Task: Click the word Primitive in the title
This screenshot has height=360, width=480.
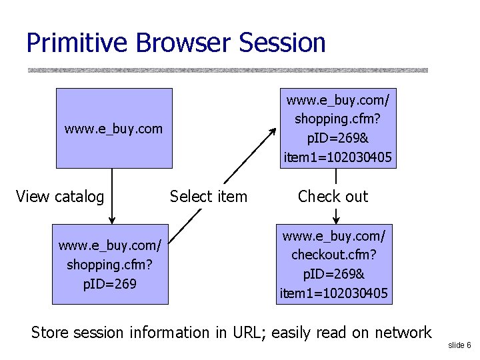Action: (x=77, y=43)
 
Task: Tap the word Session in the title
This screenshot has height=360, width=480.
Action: (x=282, y=43)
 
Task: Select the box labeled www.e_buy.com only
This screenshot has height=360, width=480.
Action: (x=113, y=128)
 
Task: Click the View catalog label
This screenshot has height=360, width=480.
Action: (x=60, y=197)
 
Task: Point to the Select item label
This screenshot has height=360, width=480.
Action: (x=208, y=197)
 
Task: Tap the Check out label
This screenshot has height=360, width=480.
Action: (x=333, y=197)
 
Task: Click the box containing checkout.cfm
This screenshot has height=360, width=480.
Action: (x=335, y=265)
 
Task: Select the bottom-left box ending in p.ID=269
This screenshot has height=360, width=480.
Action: (x=110, y=265)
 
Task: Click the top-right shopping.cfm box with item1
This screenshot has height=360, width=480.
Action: (x=338, y=128)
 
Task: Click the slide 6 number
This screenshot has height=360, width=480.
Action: (x=459, y=345)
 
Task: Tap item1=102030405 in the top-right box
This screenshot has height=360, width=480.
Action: (x=338, y=158)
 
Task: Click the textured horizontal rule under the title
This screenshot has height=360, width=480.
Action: (x=227, y=70)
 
